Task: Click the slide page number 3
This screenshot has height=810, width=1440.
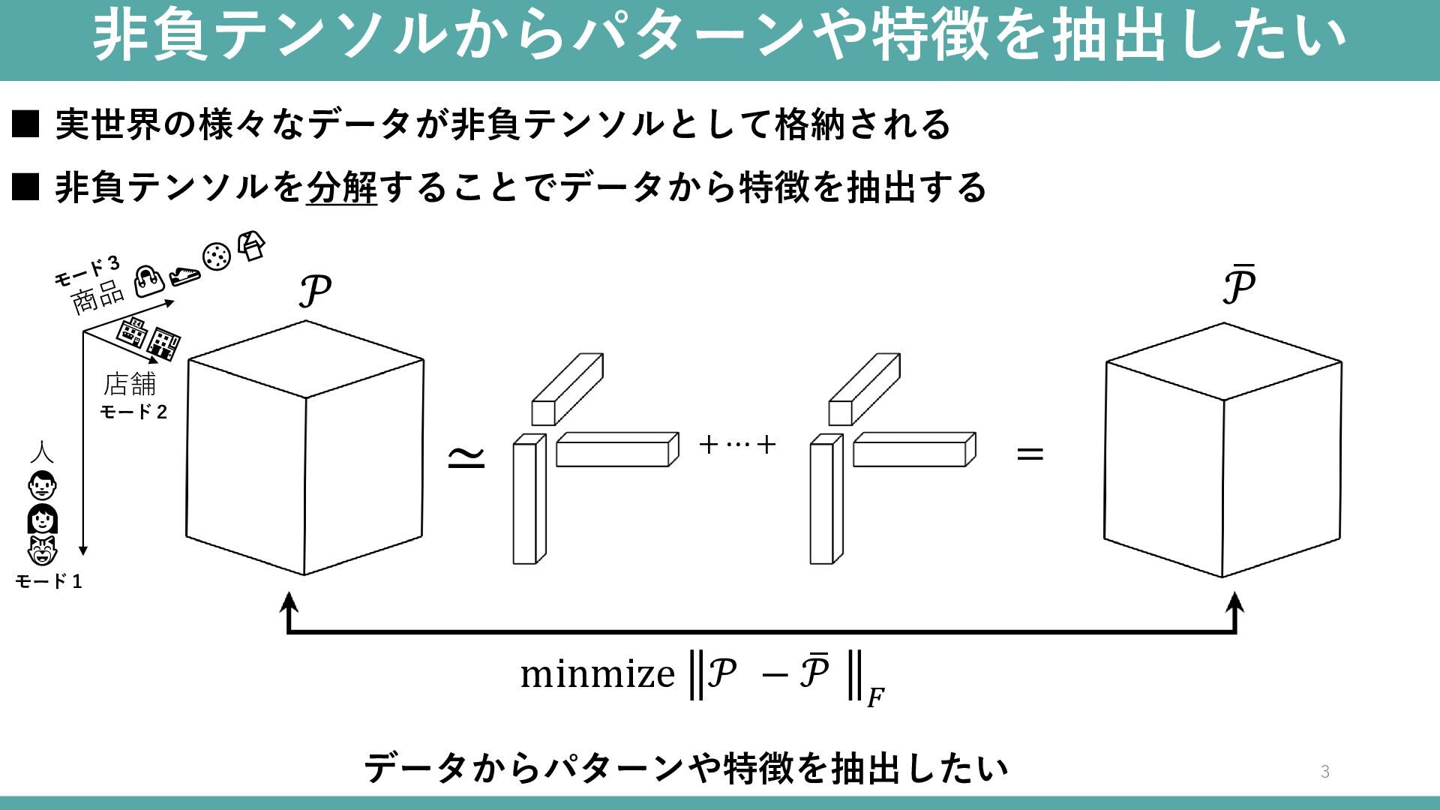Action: pyautogui.click(x=1324, y=771)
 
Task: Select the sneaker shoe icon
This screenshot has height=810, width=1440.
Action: pyautogui.click(x=184, y=275)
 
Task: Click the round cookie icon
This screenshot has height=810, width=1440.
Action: pyautogui.click(x=216, y=257)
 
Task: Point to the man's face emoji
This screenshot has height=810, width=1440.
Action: pyautogui.click(x=42, y=485)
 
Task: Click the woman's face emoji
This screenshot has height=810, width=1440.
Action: pyautogui.click(x=42, y=519)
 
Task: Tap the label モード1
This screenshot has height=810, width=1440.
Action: pyautogui.click(x=49, y=581)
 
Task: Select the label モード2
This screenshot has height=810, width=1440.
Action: pyautogui.click(x=133, y=412)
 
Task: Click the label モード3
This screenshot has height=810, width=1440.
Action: pyautogui.click(x=87, y=271)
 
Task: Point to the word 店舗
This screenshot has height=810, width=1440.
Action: pyautogui.click(x=130, y=384)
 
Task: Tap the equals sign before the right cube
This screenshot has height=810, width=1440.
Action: pyautogui.click(x=1030, y=453)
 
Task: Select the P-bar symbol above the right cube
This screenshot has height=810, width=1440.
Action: pyautogui.click(x=1239, y=285)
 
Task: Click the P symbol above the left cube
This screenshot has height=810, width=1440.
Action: pyautogui.click(x=315, y=291)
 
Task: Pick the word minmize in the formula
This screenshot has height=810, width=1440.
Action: pyautogui.click(x=598, y=673)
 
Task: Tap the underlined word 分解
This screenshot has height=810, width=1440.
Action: pyautogui.click(x=342, y=187)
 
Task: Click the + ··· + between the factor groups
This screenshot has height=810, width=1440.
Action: pyautogui.click(x=737, y=445)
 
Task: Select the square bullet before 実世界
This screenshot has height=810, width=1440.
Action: pyautogui.click(x=25, y=124)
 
